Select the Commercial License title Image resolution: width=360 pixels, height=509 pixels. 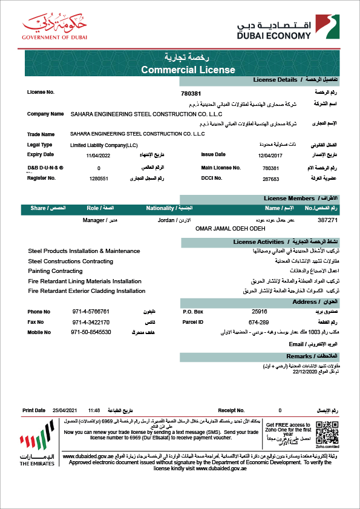tap(188, 70)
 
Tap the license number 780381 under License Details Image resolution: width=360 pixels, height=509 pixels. tap(191, 93)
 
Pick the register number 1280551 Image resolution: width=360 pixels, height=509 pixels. tap(98, 179)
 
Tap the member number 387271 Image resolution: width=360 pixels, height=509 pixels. tap(327, 221)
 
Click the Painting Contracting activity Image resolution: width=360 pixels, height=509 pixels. tap(55, 271)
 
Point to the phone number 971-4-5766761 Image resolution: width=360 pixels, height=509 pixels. tap(91, 311)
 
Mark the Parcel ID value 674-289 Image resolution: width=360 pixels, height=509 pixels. tap(258, 322)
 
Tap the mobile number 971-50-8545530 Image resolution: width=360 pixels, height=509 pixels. tap(91, 332)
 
